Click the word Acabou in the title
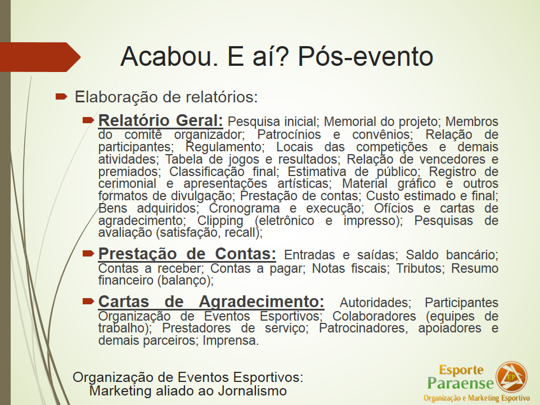pos(168,56)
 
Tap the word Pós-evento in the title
pos(366,56)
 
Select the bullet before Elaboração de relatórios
pos(61,96)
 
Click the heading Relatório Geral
pos(160,120)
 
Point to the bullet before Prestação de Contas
pos(88,254)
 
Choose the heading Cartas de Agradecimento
pos(211,301)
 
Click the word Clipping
pos(220,221)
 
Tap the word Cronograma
pos(244,208)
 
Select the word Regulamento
pos(224,147)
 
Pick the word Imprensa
pos(231,341)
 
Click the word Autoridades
pos(375,303)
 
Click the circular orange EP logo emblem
pos(511,377)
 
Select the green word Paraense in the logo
pos(461,383)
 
